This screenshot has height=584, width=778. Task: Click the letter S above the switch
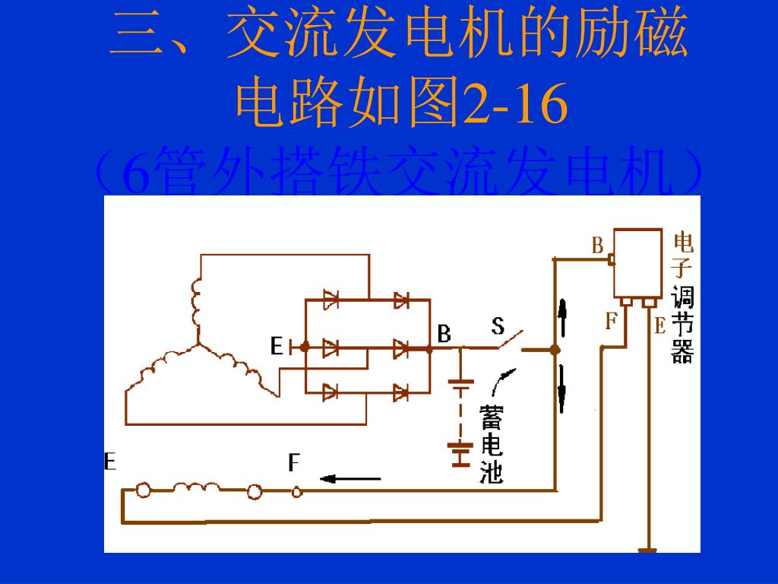[498, 326]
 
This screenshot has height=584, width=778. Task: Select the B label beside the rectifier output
[444, 333]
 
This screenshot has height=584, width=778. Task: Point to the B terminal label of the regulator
[598, 246]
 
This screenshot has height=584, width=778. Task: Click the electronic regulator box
[637, 263]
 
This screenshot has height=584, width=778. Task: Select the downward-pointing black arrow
[563, 389]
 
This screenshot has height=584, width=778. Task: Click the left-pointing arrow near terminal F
[350, 478]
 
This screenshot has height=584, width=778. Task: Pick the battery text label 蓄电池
[492, 445]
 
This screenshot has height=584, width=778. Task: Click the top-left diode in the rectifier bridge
[330, 300]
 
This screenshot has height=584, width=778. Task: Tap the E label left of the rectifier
[277, 347]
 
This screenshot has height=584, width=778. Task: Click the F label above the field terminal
[294, 462]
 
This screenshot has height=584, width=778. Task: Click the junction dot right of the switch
[555, 350]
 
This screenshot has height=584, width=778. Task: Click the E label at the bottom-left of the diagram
[110, 461]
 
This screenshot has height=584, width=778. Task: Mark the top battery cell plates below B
[460, 385]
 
